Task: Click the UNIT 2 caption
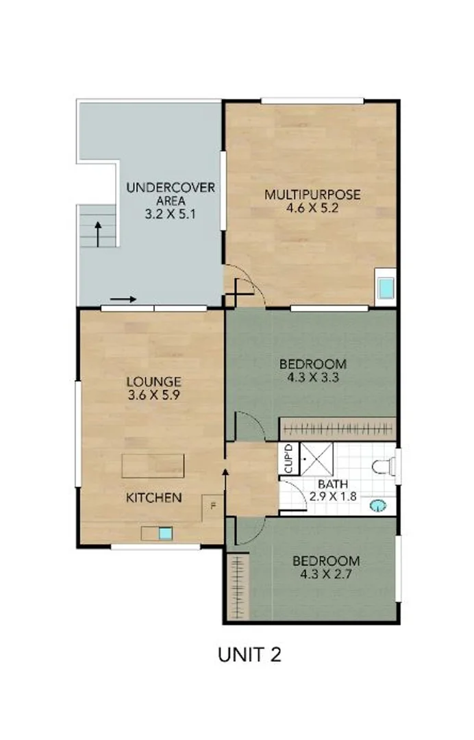point(249,654)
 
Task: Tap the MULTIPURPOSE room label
point(312,195)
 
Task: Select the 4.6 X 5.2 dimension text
point(312,208)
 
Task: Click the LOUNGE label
point(153,382)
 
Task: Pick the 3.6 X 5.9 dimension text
point(153,395)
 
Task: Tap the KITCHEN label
point(154,497)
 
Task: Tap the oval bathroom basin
point(377,506)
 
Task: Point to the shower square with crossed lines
point(318,459)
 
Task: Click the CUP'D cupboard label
point(288,459)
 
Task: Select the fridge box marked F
point(212,506)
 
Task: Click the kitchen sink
point(164,532)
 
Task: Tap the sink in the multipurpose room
point(387,288)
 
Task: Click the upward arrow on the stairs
point(98,233)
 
